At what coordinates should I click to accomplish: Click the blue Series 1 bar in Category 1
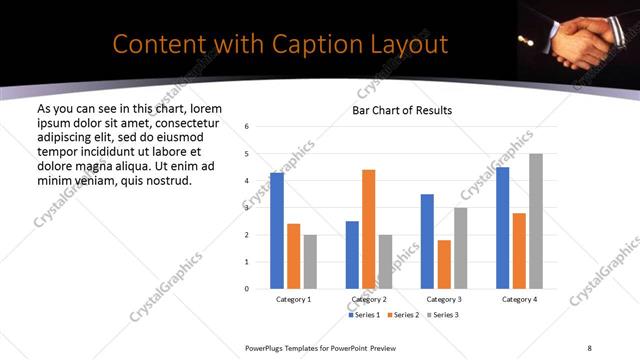tap(277, 231)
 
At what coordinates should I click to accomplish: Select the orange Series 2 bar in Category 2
tap(368, 229)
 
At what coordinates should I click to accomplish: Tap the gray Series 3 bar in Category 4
tap(536, 221)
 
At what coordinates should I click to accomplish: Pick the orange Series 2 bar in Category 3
tap(444, 264)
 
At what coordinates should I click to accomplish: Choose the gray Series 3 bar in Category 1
tap(310, 262)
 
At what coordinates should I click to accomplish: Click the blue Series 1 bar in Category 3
tap(427, 241)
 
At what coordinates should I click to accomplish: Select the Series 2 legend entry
tap(403, 315)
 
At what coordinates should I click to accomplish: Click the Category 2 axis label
tap(368, 299)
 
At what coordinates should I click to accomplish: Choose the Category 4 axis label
tap(519, 299)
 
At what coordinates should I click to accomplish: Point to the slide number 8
tap(589, 347)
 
